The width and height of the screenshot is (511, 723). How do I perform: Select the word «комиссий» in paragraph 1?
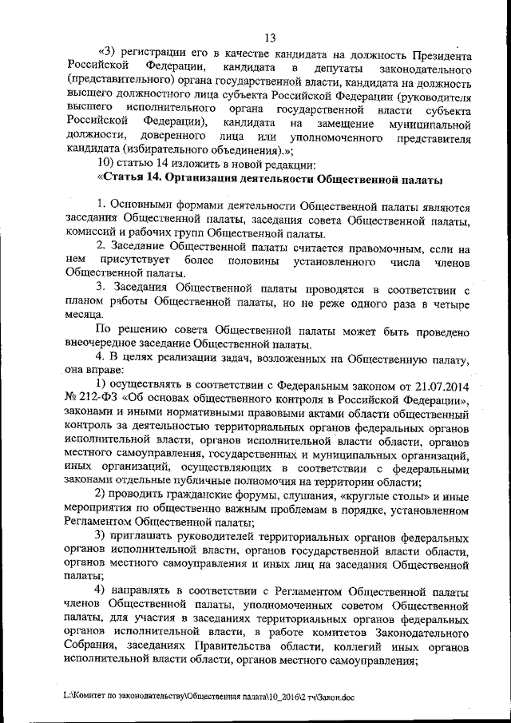(93, 233)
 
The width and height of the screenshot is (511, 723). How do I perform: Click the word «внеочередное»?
(102, 344)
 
